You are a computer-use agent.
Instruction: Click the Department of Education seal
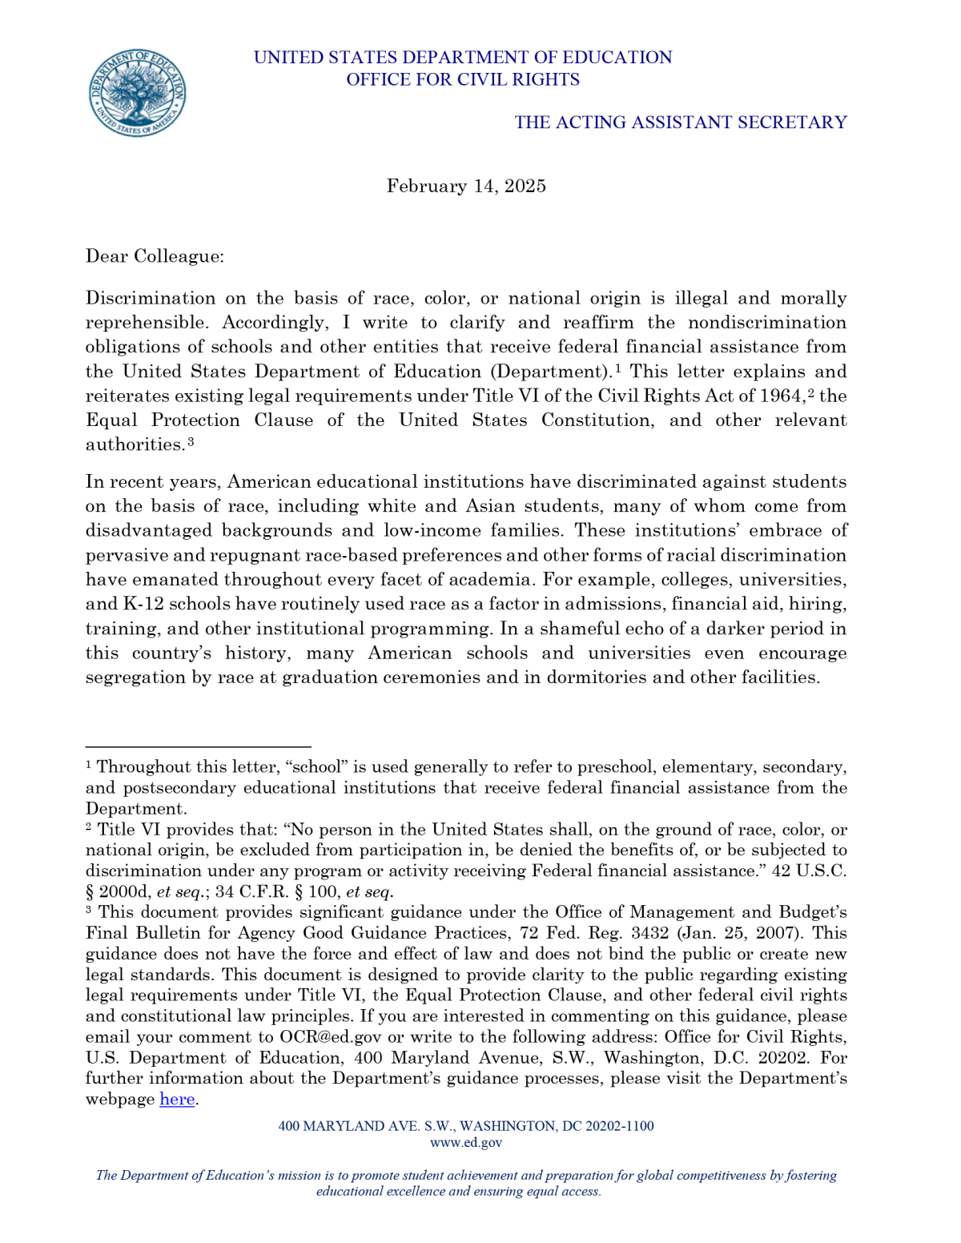pos(137,92)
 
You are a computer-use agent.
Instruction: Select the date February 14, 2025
pos(466,186)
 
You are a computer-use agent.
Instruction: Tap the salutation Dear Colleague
pos(155,256)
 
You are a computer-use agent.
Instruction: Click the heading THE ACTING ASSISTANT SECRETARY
pos(680,122)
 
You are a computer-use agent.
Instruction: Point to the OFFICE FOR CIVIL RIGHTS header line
pos(463,79)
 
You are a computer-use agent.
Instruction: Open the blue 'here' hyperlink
pos(177,1099)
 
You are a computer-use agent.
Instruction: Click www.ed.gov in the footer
pos(466,1142)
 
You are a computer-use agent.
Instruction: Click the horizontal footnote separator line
pos(198,746)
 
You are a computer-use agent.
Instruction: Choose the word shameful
pos(576,629)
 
